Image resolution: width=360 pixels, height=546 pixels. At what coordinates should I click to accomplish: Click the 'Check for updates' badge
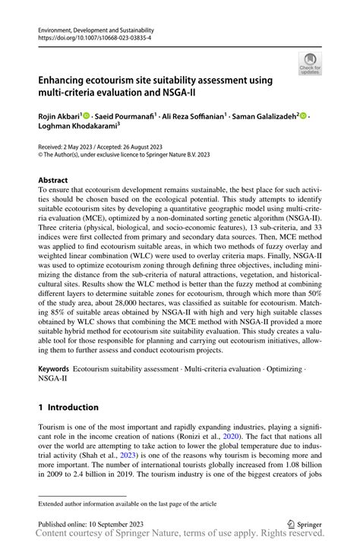pyautogui.click(x=310, y=65)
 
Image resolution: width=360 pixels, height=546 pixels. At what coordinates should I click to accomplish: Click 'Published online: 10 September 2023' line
pyautogui.click(x=92, y=524)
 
